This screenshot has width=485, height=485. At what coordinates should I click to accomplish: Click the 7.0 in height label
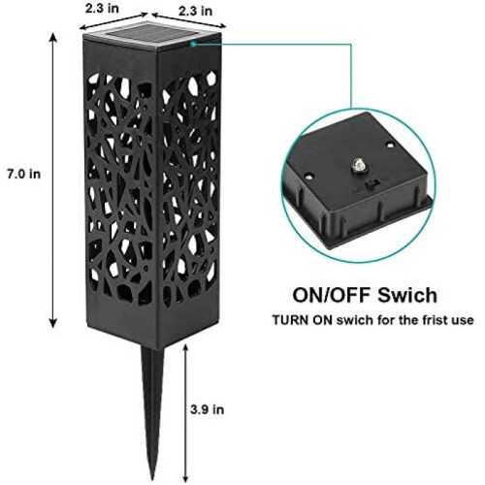click(24, 175)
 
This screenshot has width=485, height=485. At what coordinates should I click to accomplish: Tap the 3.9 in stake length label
click(207, 409)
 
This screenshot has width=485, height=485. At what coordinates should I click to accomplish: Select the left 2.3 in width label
click(102, 9)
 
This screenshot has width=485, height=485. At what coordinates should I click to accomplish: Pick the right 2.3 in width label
click(196, 11)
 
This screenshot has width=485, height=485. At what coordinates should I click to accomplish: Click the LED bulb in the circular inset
click(359, 164)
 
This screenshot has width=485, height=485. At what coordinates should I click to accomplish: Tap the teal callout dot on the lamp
click(193, 44)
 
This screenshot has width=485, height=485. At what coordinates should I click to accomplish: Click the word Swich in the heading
click(407, 295)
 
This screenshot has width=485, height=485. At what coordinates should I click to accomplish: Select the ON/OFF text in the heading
click(333, 295)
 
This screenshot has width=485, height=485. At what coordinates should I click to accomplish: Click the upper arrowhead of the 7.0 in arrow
click(53, 38)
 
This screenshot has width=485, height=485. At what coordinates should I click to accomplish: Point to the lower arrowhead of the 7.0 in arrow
click(53, 323)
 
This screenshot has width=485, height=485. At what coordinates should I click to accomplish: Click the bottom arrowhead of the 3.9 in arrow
click(185, 478)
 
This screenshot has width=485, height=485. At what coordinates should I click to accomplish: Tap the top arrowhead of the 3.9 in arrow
click(185, 348)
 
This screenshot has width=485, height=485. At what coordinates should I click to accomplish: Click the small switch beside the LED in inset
click(371, 186)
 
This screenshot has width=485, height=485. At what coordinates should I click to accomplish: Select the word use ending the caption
click(463, 320)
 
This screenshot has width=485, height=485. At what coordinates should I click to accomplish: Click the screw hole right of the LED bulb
click(390, 145)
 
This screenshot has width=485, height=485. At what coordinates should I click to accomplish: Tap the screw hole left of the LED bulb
click(309, 177)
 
